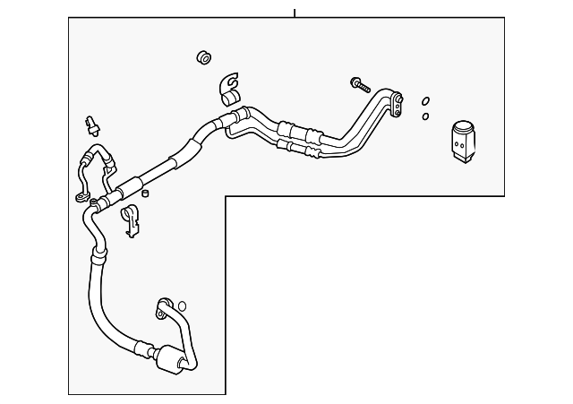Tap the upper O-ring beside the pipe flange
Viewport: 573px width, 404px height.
click(425, 100)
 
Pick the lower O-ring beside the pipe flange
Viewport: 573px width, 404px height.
click(425, 116)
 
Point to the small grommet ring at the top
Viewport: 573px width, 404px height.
click(204, 58)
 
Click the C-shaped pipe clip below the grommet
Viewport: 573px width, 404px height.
click(228, 86)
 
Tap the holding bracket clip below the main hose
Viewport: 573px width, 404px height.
click(132, 220)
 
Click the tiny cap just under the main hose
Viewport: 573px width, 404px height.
click(145, 192)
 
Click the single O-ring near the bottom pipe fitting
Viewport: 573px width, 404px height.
click(182, 306)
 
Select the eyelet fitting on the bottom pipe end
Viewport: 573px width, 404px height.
click(164, 306)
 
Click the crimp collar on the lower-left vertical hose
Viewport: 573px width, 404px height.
click(96, 260)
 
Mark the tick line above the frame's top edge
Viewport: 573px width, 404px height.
click(294, 13)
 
